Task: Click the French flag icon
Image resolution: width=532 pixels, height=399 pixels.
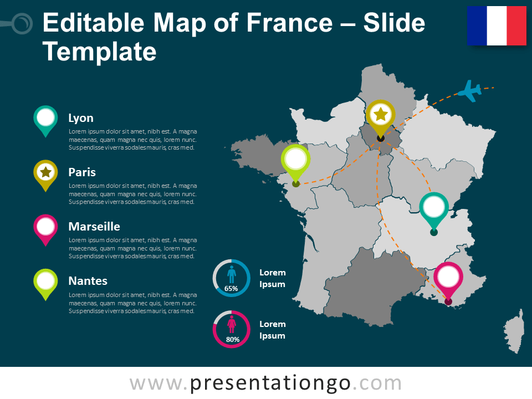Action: click(x=497, y=25)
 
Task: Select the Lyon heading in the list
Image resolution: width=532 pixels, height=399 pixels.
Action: click(x=81, y=118)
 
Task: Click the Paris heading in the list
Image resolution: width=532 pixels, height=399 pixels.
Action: click(x=82, y=172)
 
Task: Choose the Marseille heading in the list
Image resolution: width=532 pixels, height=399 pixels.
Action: click(x=94, y=227)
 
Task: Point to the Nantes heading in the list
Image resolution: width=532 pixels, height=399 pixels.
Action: click(x=88, y=281)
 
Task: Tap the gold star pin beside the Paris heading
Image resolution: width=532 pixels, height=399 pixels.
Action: click(x=45, y=173)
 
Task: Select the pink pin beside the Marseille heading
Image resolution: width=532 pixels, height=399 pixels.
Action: click(x=45, y=228)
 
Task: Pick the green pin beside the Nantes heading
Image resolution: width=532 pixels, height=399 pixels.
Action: click(x=45, y=282)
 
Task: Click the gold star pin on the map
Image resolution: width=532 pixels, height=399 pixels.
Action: click(x=381, y=116)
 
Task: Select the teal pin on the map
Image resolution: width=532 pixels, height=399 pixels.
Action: click(x=434, y=209)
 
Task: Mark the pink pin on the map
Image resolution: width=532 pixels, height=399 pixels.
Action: click(x=448, y=279)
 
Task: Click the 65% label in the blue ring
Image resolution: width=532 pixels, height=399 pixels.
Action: click(x=231, y=288)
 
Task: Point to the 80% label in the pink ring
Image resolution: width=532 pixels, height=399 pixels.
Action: click(x=231, y=339)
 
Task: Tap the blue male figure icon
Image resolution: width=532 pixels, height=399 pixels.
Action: click(x=231, y=274)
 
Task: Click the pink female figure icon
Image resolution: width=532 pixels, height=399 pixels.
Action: click(x=231, y=324)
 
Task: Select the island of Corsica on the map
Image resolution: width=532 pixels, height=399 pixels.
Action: click(x=515, y=331)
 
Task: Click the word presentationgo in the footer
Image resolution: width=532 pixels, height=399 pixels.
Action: click(x=270, y=383)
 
